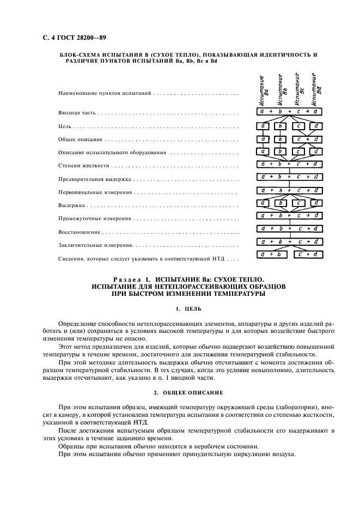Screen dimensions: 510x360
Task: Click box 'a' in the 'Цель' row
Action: point(263,126)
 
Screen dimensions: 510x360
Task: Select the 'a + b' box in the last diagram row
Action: point(270,254)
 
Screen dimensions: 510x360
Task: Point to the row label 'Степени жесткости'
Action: point(83,165)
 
